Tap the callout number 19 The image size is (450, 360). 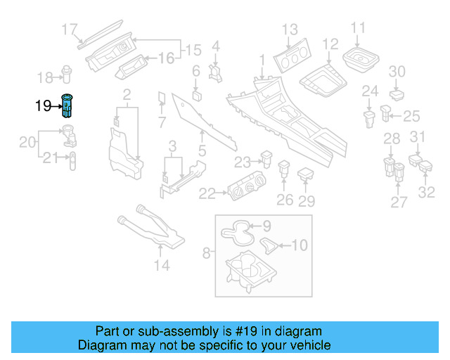44,106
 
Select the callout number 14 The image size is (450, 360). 162,265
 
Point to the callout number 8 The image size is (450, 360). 206,252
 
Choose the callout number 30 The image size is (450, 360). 397,71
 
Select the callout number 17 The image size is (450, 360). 69,29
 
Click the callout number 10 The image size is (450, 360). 300,245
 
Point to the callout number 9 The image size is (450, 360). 266,226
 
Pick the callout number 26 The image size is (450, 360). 284,200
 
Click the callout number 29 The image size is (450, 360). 307,201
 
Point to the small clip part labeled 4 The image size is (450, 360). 216,70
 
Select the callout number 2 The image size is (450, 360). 127,94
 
